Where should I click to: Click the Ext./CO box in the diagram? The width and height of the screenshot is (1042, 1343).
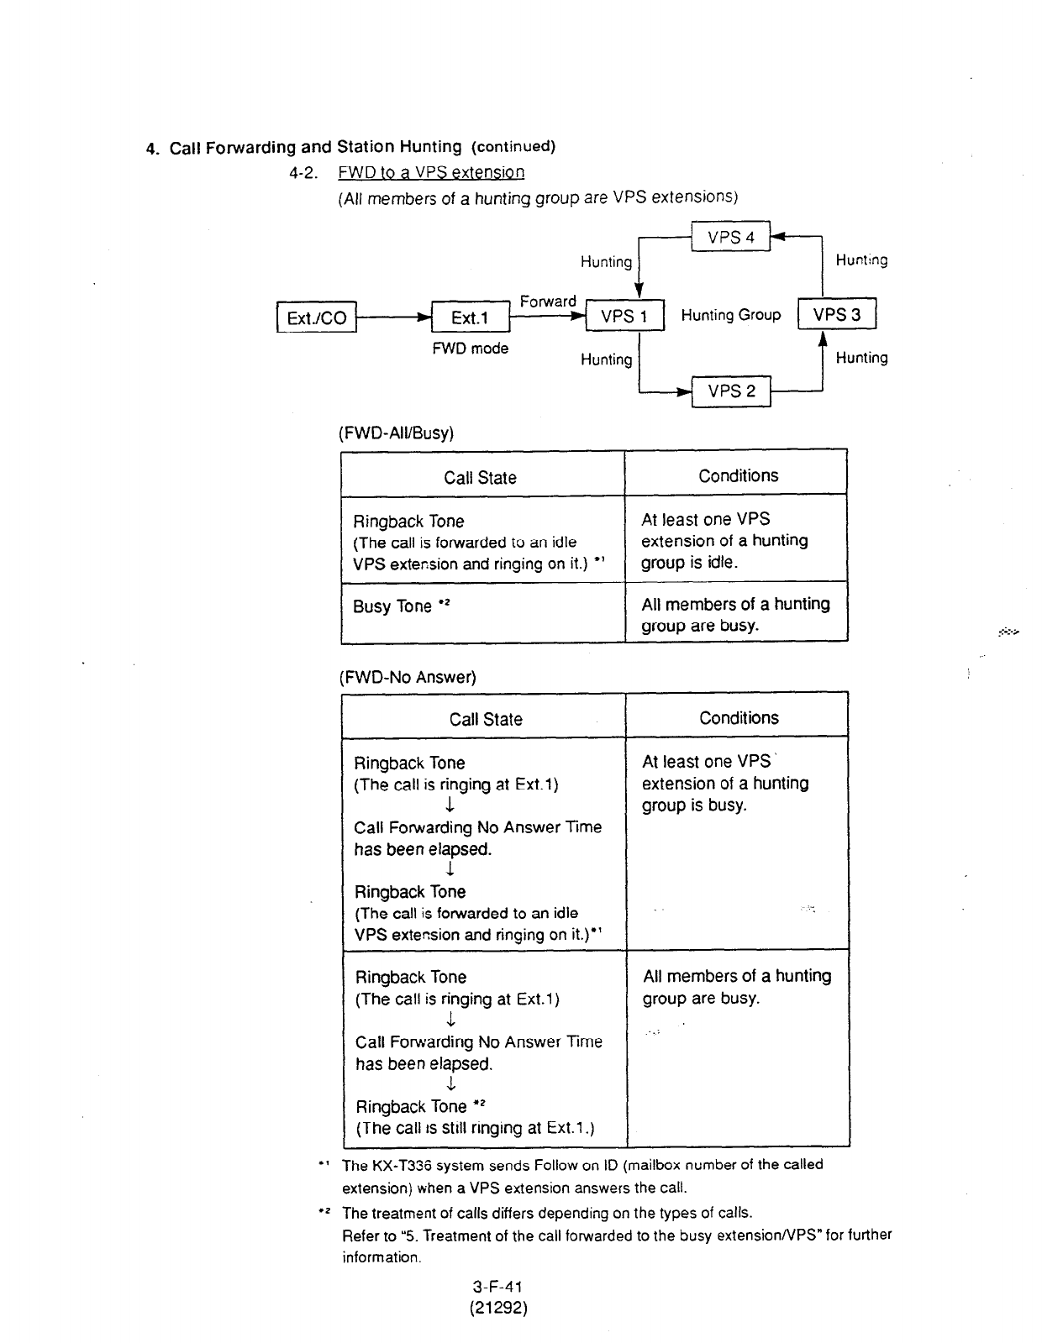click(x=317, y=317)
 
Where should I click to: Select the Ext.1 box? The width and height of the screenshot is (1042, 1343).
click(x=470, y=317)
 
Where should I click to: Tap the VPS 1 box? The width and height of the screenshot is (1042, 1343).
click(x=624, y=317)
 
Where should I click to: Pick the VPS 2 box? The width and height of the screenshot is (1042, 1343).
click(x=731, y=391)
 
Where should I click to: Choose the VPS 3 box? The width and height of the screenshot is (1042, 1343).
click(x=836, y=315)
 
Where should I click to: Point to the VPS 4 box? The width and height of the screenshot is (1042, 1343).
click(x=730, y=238)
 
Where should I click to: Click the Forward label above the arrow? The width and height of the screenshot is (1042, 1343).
click(x=548, y=302)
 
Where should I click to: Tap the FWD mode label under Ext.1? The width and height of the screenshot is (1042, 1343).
click(x=470, y=349)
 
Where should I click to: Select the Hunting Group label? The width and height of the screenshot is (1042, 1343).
click(x=730, y=316)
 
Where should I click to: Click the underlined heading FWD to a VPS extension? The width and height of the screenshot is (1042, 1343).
click(x=431, y=173)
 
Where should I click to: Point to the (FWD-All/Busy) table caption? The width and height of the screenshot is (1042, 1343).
click(x=396, y=433)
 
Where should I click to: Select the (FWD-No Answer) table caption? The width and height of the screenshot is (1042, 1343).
click(x=408, y=677)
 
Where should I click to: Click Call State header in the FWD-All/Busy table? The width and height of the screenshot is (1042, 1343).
click(x=480, y=478)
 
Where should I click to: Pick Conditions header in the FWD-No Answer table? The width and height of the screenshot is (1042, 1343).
click(x=739, y=718)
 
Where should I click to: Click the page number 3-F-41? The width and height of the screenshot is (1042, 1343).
click(x=497, y=1286)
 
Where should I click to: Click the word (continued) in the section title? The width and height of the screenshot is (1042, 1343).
click(x=513, y=147)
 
